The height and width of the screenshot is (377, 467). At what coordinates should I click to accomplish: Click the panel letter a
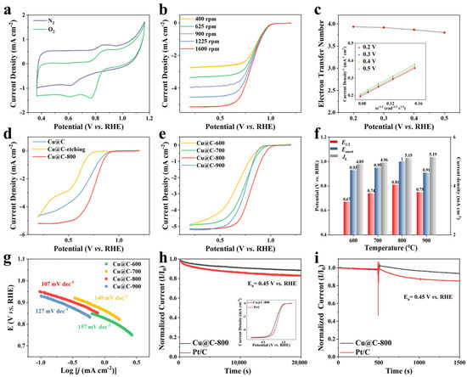(8, 7)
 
